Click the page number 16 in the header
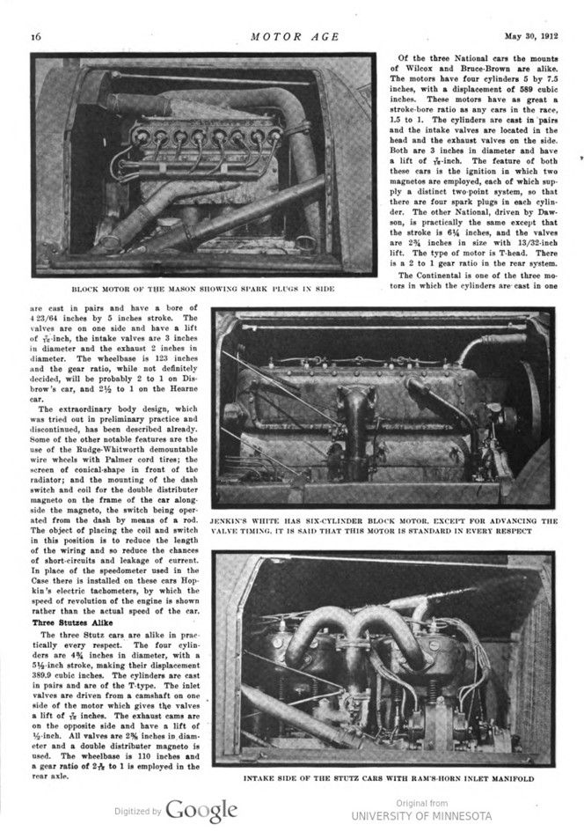click(x=37, y=36)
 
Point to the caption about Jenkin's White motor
click(x=383, y=526)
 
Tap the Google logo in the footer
click(x=201, y=810)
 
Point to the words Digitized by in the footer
click(x=138, y=811)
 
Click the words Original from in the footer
click(x=419, y=802)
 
